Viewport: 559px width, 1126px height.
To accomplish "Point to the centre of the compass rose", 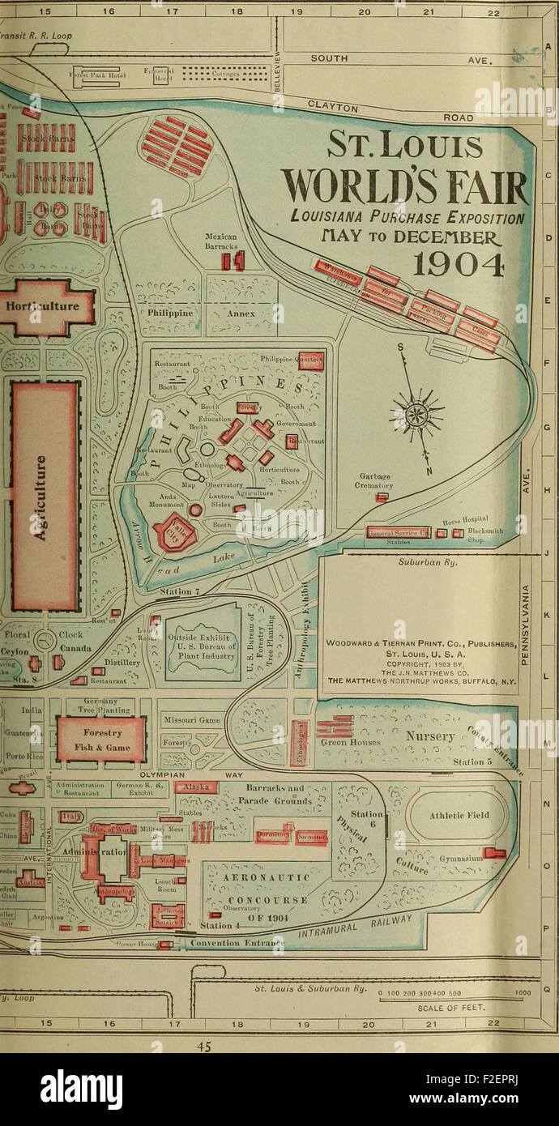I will point(416,415).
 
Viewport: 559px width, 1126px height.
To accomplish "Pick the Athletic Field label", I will point(459,816).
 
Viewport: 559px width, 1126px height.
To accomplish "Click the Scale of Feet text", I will point(443,1008).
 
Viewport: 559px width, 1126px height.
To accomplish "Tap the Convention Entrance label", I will point(231,943).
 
